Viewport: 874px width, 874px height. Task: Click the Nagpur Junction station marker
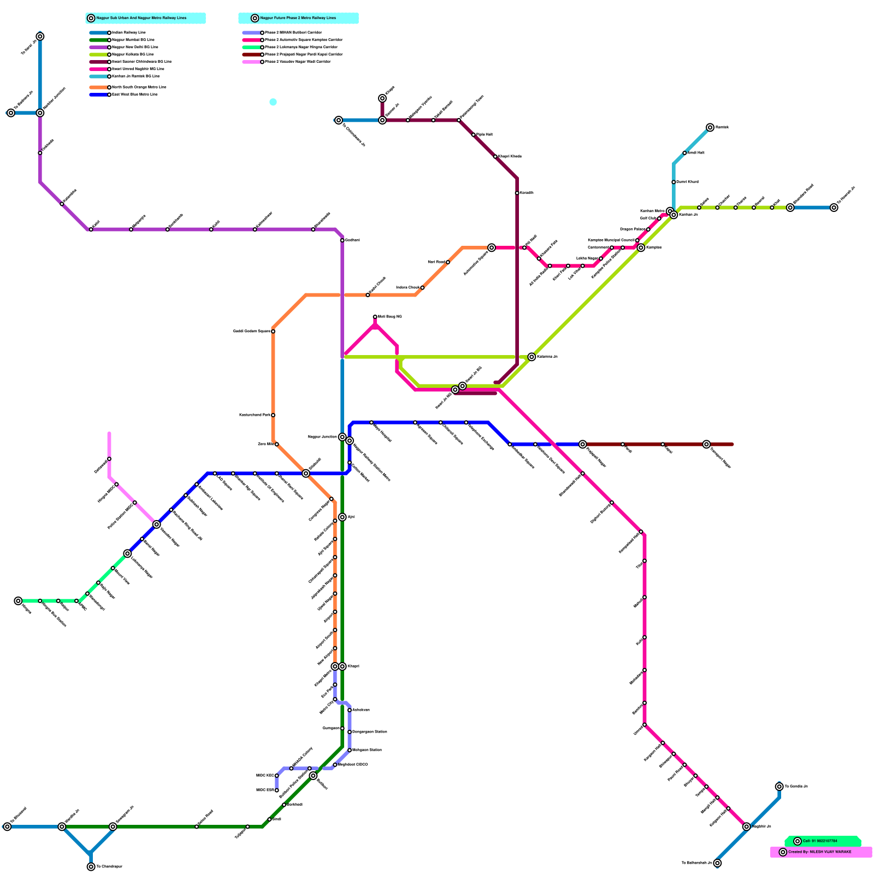click(x=342, y=437)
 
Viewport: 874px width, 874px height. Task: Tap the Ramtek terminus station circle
click(x=710, y=127)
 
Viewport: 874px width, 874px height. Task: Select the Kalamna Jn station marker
click(x=532, y=357)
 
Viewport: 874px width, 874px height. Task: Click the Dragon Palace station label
click(x=633, y=229)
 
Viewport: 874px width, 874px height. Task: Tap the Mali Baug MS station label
click(x=390, y=317)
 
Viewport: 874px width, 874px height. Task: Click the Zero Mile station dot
click(x=276, y=444)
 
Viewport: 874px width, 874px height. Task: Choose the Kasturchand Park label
click(x=254, y=415)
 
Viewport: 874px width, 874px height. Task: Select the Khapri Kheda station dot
click(x=495, y=157)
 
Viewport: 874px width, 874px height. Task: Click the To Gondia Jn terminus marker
click(x=779, y=787)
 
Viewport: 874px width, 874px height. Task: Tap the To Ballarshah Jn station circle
click(x=717, y=863)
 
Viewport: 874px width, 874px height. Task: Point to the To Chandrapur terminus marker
click(x=91, y=867)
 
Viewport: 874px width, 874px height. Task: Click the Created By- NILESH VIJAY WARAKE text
click(x=819, y=852)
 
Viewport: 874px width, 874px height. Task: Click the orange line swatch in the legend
click(x=99, y=87)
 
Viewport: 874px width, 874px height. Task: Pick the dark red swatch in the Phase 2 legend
click(x=251, y=55)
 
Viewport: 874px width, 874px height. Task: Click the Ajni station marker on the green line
click(x=342, y=517)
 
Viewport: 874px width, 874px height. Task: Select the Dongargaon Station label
click(x=370, y=732)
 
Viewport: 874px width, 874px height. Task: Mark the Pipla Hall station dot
click(x=473, y=135)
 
